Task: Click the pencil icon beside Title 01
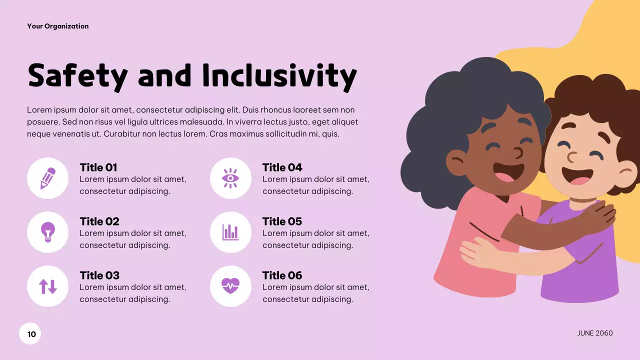pyautogui.click(x=47, y=178)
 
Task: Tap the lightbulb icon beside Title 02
pyautogui.click(x=47, y=232)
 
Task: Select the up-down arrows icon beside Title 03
pyautogui.click(x=47, y=286)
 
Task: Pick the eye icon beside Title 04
pyautogui.click(x=230, y=178)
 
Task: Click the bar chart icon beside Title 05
pyautogui.click(x=230, y=232)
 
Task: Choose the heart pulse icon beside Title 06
pyautogui.click(x=230, y=286)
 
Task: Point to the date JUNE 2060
pyautogui.click(x=594, y=333)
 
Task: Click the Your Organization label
pyautogui.click(x=58, y=26)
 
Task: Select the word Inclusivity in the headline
pyautogui.click(x=279, y=76)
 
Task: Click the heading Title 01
pyautogui.click(x=98, y=167)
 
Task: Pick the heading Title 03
pyautogui.click(x=99, y=275)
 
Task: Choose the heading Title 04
pyautogui.click(x=282, y=167)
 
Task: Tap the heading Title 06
pyautogui.click(x=282, y=275)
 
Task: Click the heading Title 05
pyautogui.click(x=282, y=221)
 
